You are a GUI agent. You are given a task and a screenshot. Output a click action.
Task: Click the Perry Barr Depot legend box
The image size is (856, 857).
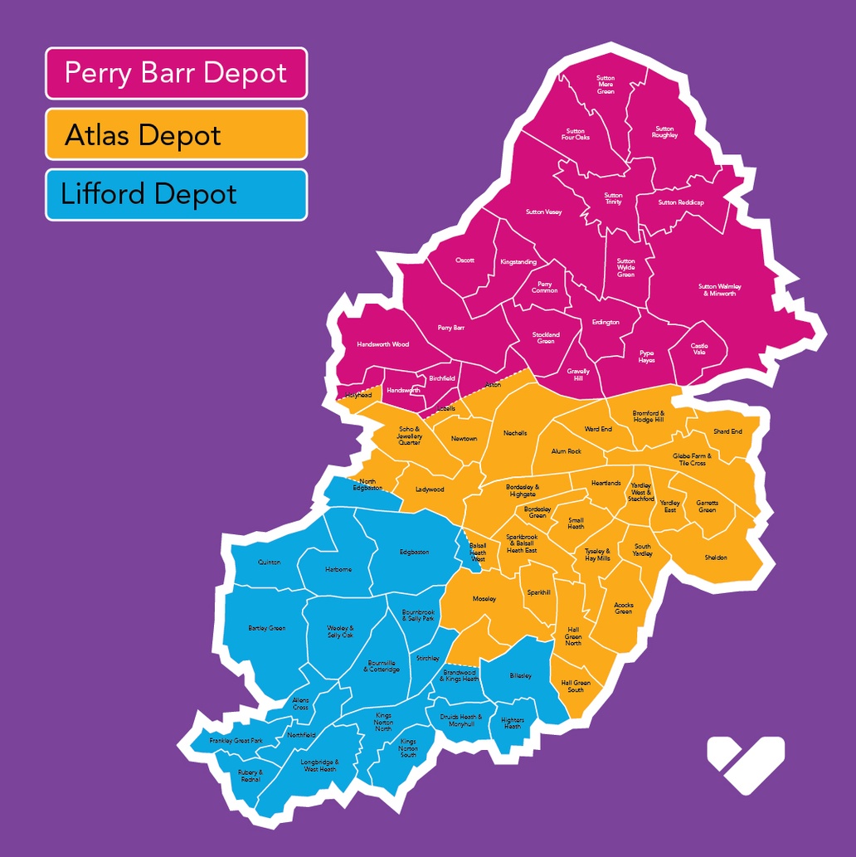coord(176,73)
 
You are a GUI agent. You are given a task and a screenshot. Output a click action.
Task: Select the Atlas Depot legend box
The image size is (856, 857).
coord(176,134)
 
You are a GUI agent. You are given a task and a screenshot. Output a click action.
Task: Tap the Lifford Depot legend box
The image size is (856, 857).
coord(176,195)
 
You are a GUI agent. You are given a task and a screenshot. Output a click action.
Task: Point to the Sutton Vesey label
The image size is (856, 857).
coord(543,212)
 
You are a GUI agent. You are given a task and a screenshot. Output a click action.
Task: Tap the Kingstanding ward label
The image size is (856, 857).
coord(518,262)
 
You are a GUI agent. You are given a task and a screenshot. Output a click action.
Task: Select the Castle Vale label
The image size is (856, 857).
coord(699,349)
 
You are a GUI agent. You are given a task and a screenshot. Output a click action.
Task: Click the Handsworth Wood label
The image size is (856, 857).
coord(382,344)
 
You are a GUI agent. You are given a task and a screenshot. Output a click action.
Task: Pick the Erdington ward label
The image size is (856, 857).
coord(606,322)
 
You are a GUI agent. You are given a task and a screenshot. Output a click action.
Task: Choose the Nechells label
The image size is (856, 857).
coord(515,433)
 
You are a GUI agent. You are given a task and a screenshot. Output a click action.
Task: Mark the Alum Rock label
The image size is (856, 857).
coord(567,451)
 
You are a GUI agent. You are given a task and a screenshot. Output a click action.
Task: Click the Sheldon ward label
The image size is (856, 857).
coord(716,558)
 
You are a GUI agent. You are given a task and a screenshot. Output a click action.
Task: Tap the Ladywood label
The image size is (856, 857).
coord(430,489)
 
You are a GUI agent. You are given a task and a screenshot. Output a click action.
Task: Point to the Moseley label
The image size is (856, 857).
coord(484,598)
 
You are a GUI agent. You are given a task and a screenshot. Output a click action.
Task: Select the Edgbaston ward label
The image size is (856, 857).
coord(414,552)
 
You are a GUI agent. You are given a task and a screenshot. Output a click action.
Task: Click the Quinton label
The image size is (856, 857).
coord(270,562)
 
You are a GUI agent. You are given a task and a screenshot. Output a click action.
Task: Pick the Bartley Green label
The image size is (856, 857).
coord(266,628)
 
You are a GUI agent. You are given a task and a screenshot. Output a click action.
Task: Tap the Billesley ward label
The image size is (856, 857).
coord(521,676)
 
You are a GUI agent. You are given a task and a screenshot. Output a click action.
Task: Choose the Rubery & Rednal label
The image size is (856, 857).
coord(250,776)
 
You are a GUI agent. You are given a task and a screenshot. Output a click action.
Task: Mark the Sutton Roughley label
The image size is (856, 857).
coord(665,132)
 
